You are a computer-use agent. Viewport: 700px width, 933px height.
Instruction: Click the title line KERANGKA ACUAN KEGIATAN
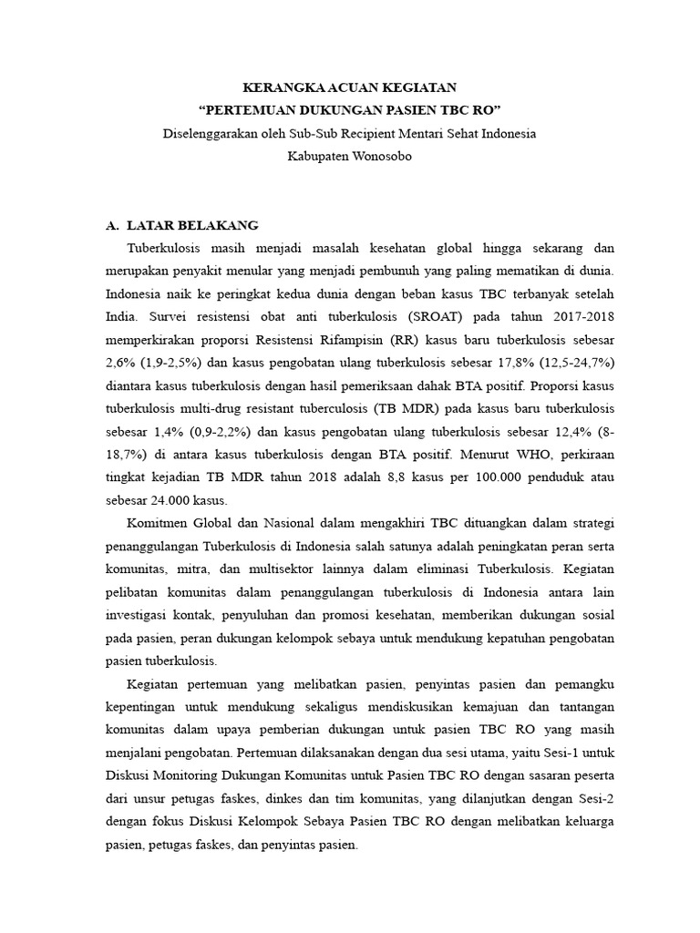[349, 87]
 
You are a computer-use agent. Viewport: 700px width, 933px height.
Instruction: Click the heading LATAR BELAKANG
[193, 224]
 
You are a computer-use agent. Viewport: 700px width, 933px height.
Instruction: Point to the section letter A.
[112, 224]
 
